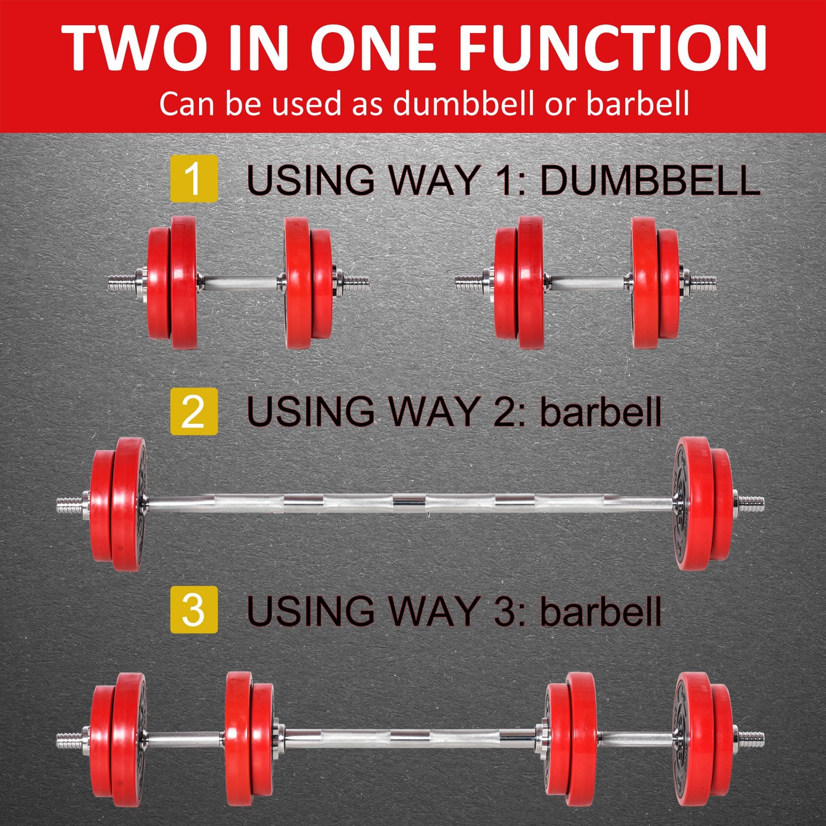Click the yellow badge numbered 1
194,178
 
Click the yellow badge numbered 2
194,412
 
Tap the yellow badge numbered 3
194,610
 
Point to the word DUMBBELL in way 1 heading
649,181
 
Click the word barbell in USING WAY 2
600,412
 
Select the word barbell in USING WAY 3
600,611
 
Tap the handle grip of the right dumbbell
587,282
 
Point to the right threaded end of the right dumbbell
704,282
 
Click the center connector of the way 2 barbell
409,503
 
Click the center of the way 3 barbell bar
409,738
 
